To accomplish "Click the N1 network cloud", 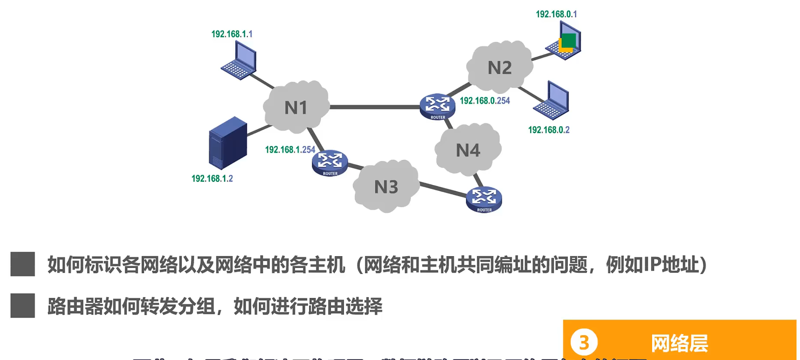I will (296, 107).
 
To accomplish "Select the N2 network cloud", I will (499, 67).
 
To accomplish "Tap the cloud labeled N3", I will (386, 186).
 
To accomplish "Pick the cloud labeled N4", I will (468, 150).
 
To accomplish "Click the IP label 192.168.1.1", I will (232, 34).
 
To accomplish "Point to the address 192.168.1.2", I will (212, 178).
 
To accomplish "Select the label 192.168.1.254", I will (290, 150).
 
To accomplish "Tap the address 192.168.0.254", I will (484, 100).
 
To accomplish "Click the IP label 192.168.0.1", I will (556, 14).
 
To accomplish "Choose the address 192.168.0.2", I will (548, 130).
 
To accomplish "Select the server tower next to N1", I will (227, 143).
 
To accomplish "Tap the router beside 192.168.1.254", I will (330, 163).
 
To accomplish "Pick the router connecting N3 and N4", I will (484, 199).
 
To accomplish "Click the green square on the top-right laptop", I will (569, 40).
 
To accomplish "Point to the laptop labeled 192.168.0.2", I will (552, 100).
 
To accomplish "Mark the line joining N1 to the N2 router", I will (374, 107).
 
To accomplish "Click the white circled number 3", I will (584, 342).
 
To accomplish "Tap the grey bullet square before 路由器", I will (22, 306).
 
